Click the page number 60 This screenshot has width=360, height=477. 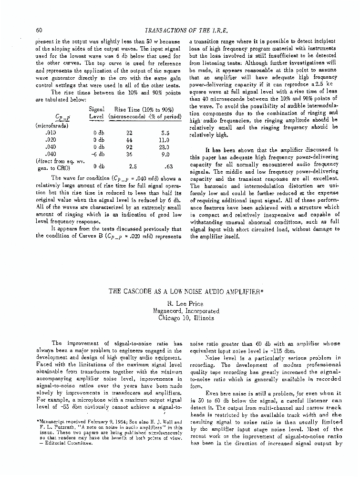coord(40,31)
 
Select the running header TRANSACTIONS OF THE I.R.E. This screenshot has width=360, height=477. coord(180,31)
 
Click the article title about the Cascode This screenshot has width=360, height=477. coord(179,292)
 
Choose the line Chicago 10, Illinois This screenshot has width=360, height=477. coord(179,318)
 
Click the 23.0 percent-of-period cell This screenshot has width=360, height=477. coord(165,147)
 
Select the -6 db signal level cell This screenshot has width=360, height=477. coord(99,155)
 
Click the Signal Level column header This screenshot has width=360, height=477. coord(99,113)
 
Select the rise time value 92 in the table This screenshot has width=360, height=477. coord(129,147)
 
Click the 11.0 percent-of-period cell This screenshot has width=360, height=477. coord(165,141)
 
